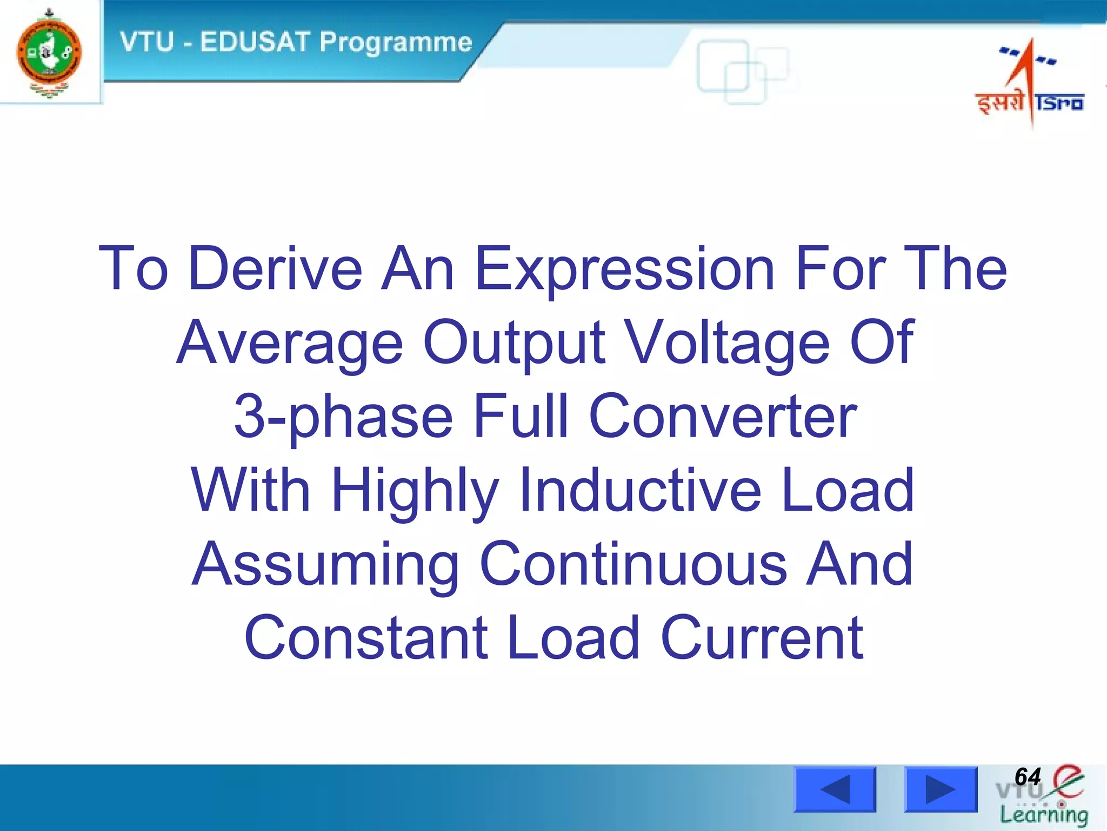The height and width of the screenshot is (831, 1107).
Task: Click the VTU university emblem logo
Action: [49, 53]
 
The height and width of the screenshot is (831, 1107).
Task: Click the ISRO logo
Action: [1030, 81]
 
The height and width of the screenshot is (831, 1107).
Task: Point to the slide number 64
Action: [1027, 777]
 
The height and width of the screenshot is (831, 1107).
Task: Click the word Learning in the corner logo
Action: [1043, 815]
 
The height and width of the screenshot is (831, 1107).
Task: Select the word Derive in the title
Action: [275, 268]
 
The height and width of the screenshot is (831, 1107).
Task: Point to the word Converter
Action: [723, 417]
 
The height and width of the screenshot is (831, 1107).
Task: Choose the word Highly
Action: [415, 491]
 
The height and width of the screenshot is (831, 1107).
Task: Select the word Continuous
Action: [633, 564]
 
